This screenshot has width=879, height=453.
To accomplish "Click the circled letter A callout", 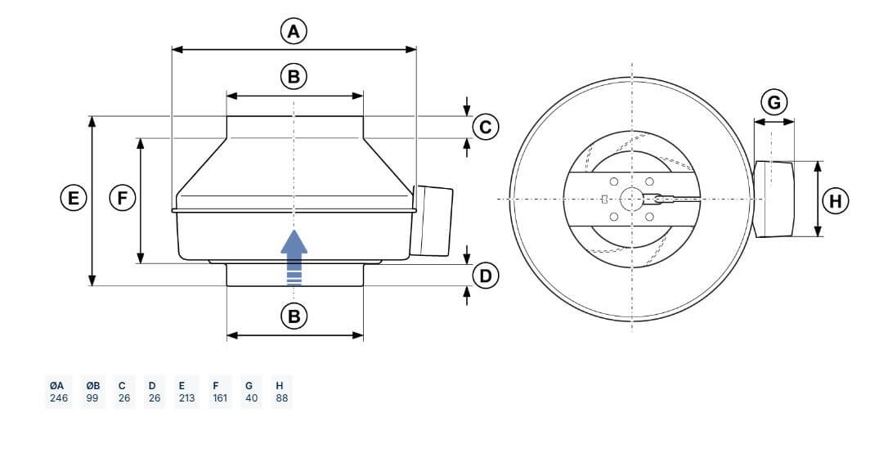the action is tap(294, 31).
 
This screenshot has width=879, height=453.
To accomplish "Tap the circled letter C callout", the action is tap(486, 127).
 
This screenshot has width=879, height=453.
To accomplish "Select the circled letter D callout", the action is tap(486, 276).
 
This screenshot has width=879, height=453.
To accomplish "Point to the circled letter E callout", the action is tap(74, 199).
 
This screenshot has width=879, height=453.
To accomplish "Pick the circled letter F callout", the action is tap(122, 199).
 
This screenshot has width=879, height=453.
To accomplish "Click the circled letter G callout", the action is tap(774, 102).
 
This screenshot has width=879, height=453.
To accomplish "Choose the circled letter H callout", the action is tap(836, 201).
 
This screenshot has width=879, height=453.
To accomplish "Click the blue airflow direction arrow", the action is tap(294, 258).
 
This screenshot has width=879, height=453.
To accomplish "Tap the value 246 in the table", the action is tap(59, 398).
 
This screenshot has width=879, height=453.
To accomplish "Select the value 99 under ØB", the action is tap(92, 398).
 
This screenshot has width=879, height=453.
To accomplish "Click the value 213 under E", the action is tap(186, 398).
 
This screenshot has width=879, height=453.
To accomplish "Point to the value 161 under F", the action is tap(220, 398).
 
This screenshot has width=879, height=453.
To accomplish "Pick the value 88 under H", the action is tap(282, 398).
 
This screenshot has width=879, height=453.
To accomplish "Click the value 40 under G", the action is tap(252, 398).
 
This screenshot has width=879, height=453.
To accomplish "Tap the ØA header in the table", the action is tap(56, 386).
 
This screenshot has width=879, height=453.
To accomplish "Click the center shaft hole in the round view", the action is tap(632, 199).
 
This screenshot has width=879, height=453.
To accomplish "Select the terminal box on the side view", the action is tap(432, 221).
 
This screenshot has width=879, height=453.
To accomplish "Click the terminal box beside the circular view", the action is tap(774, 199).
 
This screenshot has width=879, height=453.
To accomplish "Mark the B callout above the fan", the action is tap(294, 76).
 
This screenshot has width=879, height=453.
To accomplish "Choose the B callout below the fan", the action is tap(294, 316).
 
